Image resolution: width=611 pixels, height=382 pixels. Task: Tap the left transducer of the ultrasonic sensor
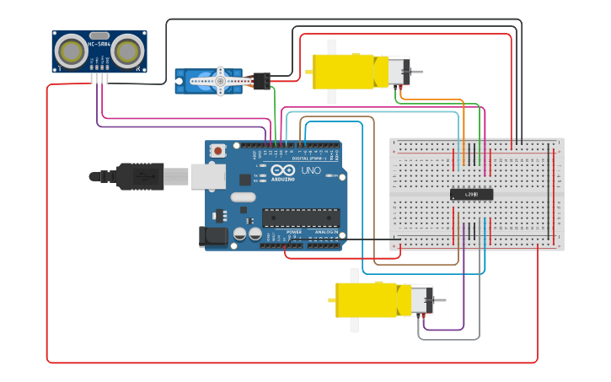72,52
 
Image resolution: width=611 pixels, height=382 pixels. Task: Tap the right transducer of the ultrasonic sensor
127,52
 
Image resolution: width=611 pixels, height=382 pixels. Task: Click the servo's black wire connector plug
261,81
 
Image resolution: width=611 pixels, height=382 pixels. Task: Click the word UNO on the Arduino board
310,171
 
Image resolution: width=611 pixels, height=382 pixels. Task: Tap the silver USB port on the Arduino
207,175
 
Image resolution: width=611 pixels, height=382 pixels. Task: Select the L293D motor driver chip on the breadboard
471,194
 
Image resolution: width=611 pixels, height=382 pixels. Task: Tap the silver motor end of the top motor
397,72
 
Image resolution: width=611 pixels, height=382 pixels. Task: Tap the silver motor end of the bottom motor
421,300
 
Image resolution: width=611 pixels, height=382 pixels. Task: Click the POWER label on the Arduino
294,232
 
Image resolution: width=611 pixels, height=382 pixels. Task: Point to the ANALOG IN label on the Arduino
328,232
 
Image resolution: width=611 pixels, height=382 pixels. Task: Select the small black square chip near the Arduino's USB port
244,180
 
